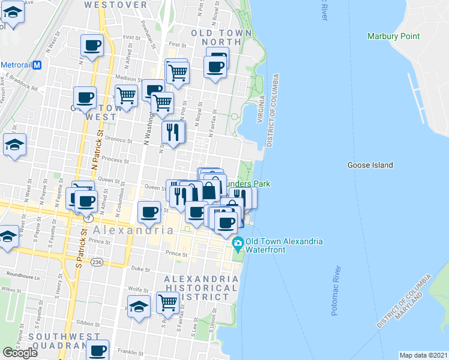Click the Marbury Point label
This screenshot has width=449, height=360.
tap(393, 36)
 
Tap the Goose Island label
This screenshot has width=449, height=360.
tap(370, 165)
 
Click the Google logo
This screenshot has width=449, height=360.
tap(20, 353)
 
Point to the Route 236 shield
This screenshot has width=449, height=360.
tap(96, 262)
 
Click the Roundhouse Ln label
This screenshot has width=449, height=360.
tap(20, 278)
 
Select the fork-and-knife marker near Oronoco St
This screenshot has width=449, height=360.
tap(173, 132)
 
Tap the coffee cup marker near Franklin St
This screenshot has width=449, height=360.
tap(98, 350)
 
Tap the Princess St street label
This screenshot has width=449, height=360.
tap(115, 160)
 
